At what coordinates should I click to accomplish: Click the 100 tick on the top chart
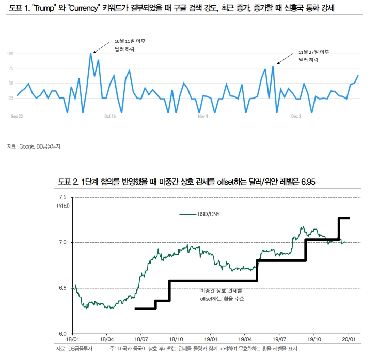click(x=10, y=53)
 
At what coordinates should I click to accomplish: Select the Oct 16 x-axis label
click(x=109, y=117)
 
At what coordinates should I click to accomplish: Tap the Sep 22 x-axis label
click(x=17, y=117)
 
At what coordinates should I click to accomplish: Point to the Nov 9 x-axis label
click(x=203, y=117)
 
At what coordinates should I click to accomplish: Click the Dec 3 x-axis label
click(x=296, y=117)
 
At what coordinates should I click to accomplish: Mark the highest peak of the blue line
click(x=91, y=53)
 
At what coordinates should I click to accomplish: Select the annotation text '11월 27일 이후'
click(x=314, y=52)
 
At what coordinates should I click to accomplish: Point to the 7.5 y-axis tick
click(x=62, y=197)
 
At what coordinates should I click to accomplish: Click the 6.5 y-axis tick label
click(x=62, y=288)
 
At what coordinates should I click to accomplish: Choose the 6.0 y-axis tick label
click(x=62, y=334)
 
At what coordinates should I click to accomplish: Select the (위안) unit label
click(x=62, y=205)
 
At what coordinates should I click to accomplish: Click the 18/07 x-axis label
click(x=141, y=340)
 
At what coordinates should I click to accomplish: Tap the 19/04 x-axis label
click(x=245, y=340)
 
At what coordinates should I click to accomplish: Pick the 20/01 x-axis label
click(x=349, y=340)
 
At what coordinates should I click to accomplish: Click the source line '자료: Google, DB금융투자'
click(x=34, y=146)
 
